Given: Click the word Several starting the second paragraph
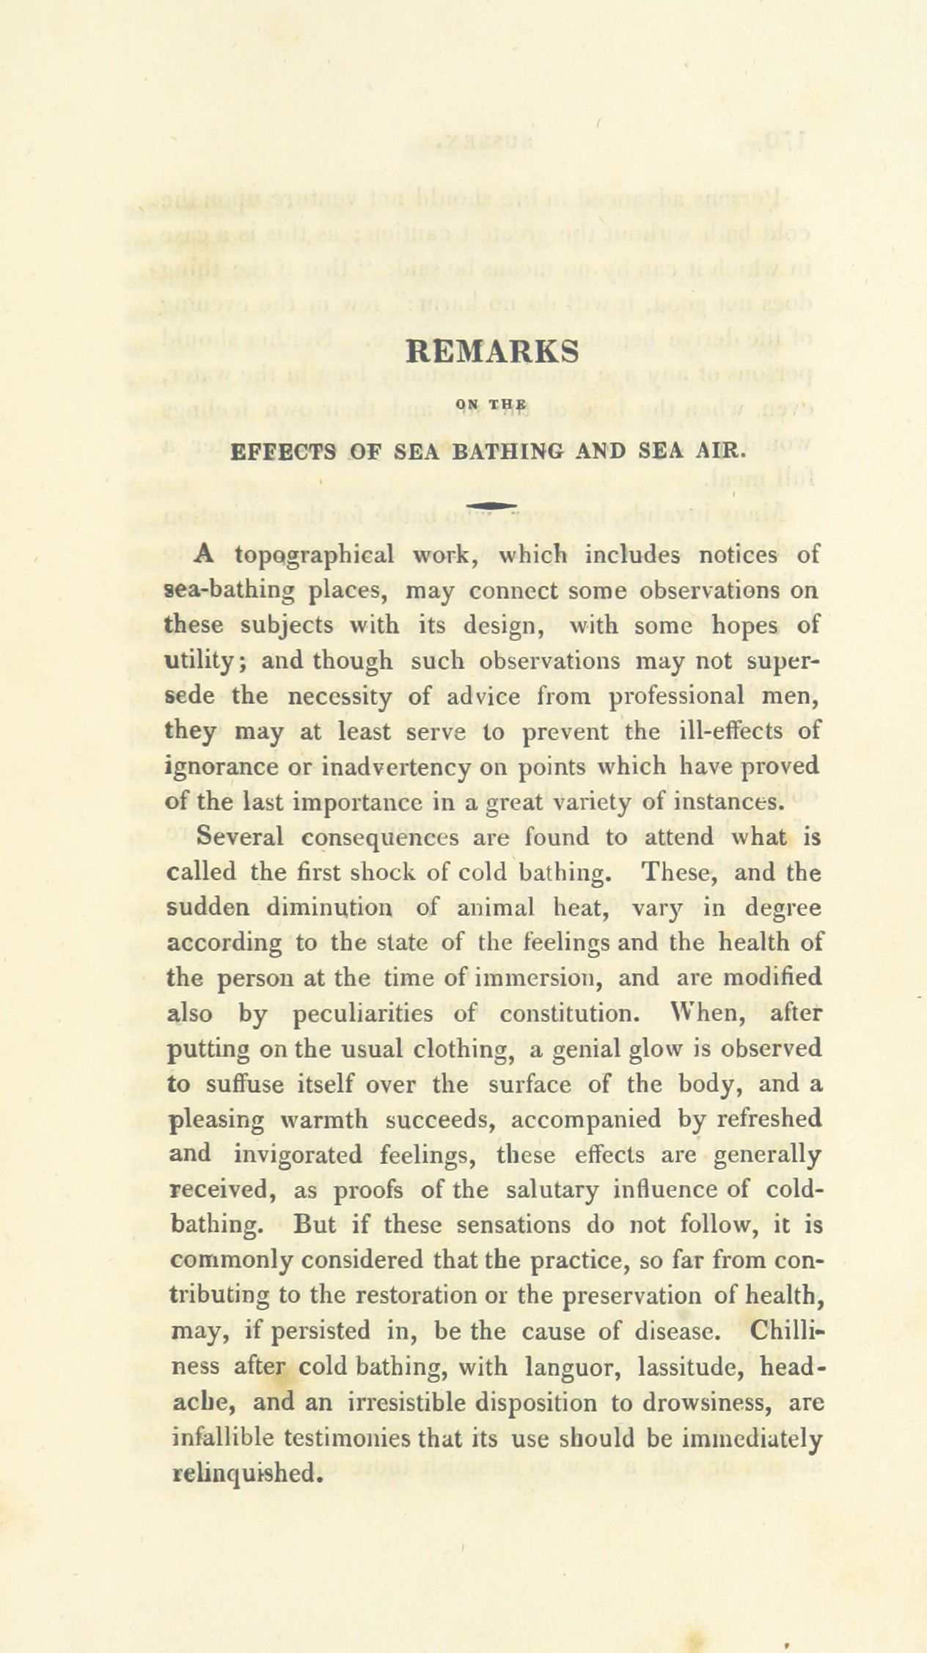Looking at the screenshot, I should point(246,837).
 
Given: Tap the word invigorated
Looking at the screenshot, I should point(297,1155).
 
